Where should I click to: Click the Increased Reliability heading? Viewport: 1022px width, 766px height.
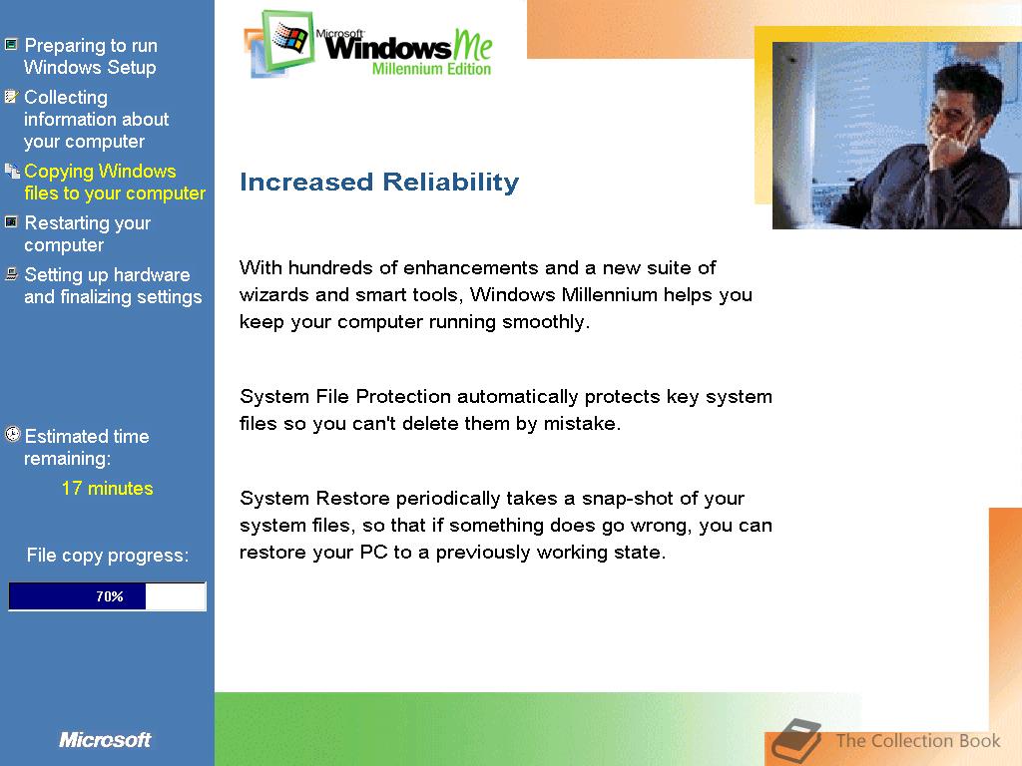coord(379,183)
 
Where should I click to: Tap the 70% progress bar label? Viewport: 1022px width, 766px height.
coord(110,596)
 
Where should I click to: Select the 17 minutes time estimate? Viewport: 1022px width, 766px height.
coord(108,489)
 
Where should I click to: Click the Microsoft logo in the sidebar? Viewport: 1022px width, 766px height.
coord(105,740)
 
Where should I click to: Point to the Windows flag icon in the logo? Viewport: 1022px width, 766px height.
coord(290,38)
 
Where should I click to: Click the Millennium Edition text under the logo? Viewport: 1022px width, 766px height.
coord(431,69)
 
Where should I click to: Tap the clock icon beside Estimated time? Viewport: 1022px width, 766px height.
coord(12,435)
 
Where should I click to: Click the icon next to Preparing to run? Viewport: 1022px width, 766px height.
coord(11,45)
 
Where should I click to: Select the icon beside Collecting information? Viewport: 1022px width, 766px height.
coord(11,97)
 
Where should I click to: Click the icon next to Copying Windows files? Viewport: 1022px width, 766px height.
coord(12,171)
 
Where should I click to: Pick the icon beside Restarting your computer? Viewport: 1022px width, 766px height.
coord(11,222)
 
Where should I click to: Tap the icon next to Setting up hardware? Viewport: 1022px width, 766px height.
coord(11,274)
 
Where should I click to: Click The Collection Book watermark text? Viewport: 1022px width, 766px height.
coord(918,741)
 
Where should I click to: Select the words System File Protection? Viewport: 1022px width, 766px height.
coord(344,397)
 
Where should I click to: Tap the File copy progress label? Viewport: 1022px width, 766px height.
coord(108,556)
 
